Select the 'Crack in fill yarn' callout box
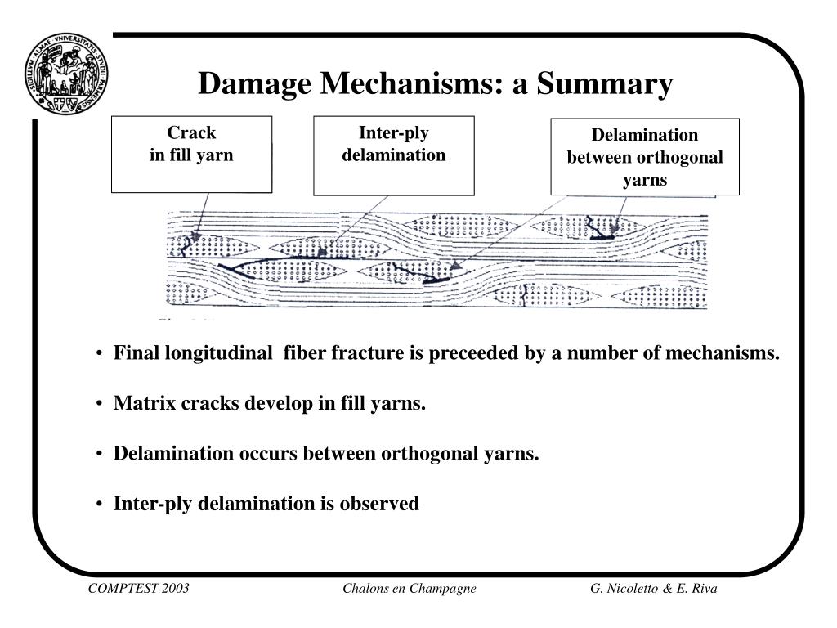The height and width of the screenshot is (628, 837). [191, 154]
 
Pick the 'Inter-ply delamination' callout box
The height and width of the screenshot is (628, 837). [393, 155]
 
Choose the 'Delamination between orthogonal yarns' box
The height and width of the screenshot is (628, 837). [645, 157]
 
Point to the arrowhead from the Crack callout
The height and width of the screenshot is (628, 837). [195, 237]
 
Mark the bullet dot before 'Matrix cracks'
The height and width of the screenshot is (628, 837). [100, 405]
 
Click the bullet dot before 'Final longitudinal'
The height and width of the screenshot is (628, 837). [100, 354]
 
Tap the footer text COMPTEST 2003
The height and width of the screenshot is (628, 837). [139, 590]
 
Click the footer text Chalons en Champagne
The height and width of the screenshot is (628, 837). [410, 590]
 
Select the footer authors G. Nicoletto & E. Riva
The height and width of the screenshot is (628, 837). [654, 590]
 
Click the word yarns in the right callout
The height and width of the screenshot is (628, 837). [645, 180]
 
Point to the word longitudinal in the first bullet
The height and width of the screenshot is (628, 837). [220, 353]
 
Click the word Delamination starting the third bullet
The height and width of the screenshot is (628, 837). [171, 454]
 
